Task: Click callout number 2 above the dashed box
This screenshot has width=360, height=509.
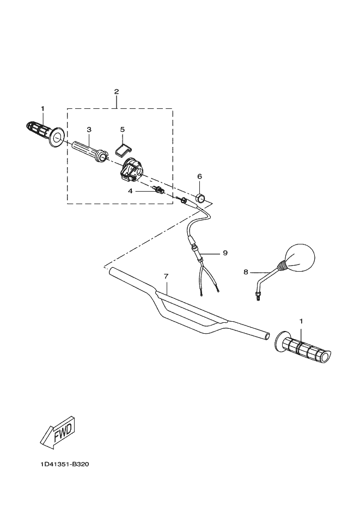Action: pos(117,91)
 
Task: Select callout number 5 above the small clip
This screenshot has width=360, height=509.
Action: pos(123,129)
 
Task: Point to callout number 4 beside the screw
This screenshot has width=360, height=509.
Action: pos(130,191)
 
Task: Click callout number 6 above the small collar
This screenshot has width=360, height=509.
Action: pos(199,176)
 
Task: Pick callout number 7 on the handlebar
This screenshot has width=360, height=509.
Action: pos(166,276)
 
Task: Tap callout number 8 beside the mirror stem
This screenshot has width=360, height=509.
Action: pos(246,271)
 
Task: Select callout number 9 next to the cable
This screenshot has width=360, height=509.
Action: pos(224,253)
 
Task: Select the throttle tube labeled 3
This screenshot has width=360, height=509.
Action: pos(90,150)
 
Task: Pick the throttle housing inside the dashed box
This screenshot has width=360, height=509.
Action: pos(131,170)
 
